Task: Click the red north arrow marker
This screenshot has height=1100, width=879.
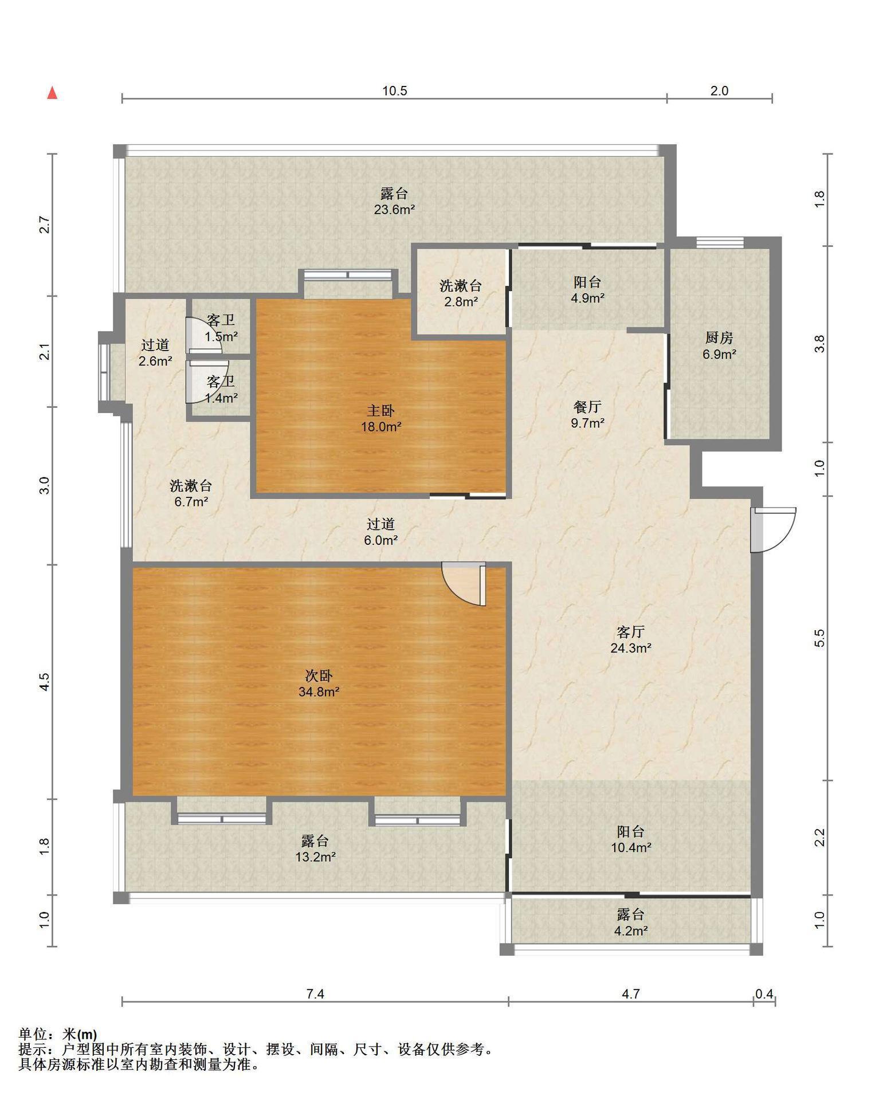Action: coord(52,93)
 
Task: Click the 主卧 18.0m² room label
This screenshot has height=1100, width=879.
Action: coord(381,418)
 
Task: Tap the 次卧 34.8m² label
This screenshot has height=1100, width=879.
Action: coord(319,683)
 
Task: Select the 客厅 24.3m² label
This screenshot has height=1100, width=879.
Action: coord(631,640)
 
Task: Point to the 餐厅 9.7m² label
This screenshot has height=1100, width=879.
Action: coord(588,415)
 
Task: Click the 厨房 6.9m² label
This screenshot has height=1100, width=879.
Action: coord(719,345)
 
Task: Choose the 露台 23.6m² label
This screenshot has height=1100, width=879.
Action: coord(394,201)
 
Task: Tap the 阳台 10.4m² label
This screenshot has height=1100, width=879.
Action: coord(631,839)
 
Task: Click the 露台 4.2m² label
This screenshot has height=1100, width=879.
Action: coord(631,922)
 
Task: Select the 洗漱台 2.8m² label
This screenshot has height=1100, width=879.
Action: coord(461,293)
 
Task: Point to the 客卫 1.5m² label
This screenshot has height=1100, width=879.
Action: coord(221,328)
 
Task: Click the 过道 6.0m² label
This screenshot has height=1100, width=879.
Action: coord(381,532)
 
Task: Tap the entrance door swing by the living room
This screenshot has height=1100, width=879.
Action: coord(773,530)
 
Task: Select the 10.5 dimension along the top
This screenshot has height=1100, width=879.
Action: coord(395,91)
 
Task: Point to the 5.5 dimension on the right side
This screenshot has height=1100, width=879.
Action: coord(819,638)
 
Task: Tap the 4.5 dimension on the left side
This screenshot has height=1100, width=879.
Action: coord(45,682)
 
